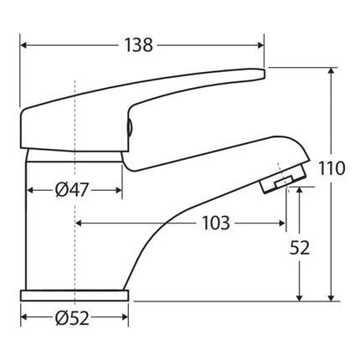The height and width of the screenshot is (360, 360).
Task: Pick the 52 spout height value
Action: point(301,248)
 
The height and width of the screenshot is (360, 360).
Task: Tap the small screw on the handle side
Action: point(128,127)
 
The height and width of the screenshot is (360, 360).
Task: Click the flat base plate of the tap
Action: point(75,295)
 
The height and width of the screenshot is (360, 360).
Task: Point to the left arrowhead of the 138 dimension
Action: point(23,46)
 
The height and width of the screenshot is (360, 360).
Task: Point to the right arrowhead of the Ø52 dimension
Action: point(125,319)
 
